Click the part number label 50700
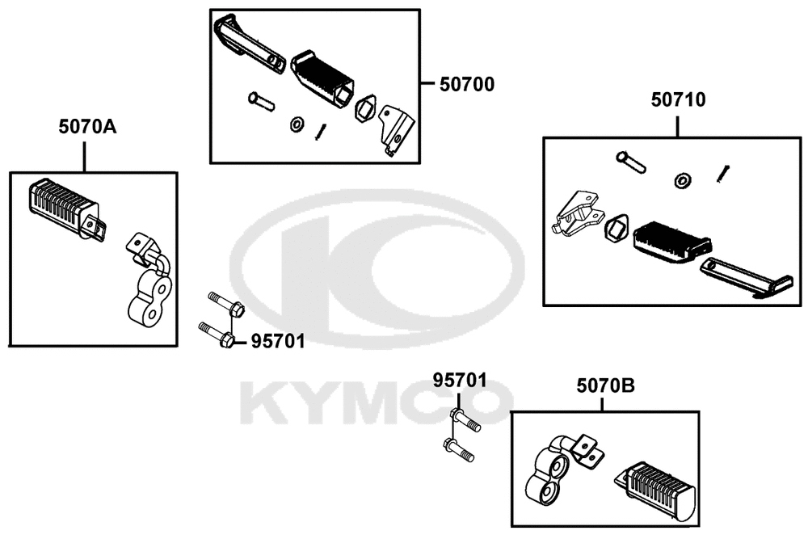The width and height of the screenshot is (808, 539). pos(467,84)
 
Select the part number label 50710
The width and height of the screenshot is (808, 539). pos(678,99)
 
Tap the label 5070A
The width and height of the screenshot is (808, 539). pos(87,126)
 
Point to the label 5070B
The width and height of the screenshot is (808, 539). pos(605,385)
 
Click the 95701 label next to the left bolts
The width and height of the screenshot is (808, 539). pos(278,341)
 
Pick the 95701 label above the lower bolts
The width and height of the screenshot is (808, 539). pos(460,381)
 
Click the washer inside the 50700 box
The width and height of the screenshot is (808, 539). pos(297,124)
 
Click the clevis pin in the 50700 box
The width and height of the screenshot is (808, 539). pos(261,101)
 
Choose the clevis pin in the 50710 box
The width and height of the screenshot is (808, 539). pos(631,162)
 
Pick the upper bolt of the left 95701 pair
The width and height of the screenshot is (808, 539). pos(226,304)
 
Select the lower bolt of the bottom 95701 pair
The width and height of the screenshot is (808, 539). pos(459,449)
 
